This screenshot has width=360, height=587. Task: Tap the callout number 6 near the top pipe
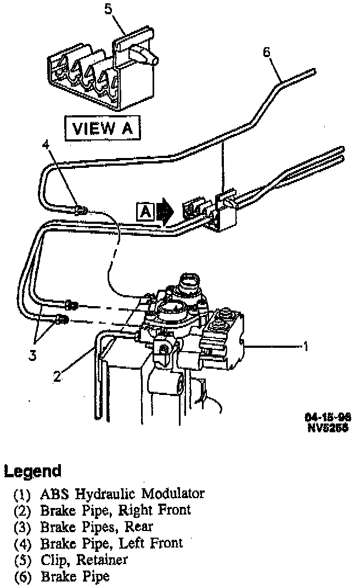[x=267, y=52]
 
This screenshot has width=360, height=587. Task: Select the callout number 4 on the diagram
[x=46, y=145]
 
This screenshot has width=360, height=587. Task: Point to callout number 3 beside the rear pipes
[x=33, y=355]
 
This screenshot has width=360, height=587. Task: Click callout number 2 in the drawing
[x=57, y=376]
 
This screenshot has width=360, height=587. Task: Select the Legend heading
[x=32, y=471]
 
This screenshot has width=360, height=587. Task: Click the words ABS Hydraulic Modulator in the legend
[x=122, y=493]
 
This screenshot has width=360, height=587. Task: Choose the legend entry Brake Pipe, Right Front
[x=115, y=510]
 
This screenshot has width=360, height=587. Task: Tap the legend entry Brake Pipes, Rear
[x=96, y=527]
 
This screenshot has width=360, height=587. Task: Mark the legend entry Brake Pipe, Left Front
[x=111, y=543]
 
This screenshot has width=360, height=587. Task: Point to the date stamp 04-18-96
[x=328, y=416]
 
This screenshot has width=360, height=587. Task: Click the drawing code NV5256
[x=328, y=426]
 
